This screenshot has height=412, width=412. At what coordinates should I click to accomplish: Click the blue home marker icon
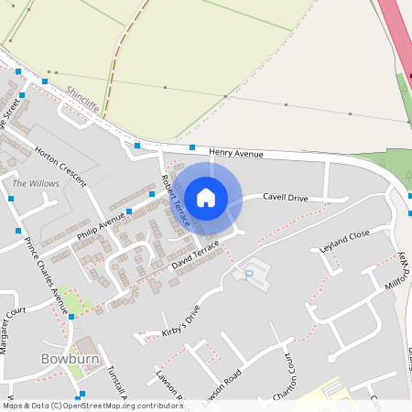click(x=206, y=197)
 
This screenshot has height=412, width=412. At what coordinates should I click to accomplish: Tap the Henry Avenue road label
click(x=236, y=154)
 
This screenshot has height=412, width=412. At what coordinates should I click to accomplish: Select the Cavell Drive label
click(x=286, y=197)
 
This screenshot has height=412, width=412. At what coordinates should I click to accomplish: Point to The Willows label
click(x=36, y=184)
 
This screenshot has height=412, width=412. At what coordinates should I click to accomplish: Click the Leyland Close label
click(x=344, y=241)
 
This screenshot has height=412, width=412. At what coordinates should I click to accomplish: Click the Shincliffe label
click(x=82, y=99)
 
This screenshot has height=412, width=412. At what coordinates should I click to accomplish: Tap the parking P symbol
click(x=246, y=274)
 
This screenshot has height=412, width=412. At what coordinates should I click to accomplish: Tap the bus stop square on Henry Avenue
click(x=192, y=147)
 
